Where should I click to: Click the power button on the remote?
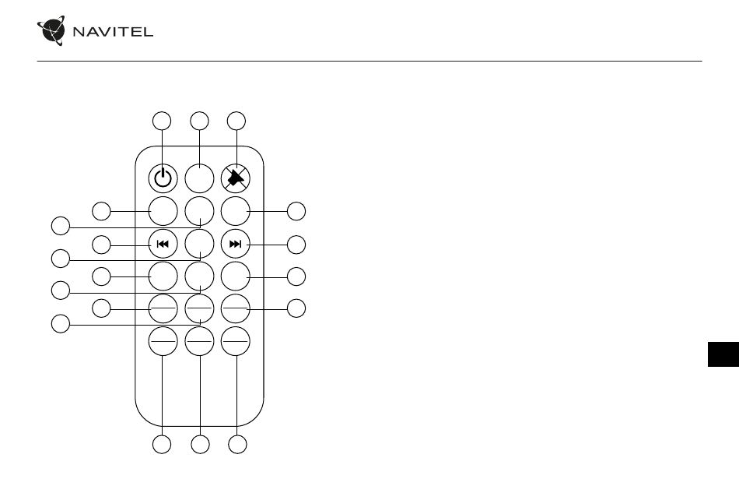tap(163, 179)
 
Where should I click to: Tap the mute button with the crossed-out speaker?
tap(236, 179)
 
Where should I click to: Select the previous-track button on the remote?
tap(163, 244)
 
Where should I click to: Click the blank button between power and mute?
tap(199, 179)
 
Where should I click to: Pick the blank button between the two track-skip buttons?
tap(199, 244)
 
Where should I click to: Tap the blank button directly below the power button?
tap(163, 211)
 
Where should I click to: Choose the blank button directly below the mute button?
tap(236, 211)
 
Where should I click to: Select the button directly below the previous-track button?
tap(163, 276)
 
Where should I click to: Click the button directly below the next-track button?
tap(236, 276)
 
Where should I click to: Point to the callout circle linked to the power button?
tap(162, 121)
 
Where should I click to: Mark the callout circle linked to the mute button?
tap(236, 121)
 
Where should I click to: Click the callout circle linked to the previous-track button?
tap(101, 245)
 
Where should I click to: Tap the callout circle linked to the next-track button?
tap(296, 245)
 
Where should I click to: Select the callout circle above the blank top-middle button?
tap(199, 121)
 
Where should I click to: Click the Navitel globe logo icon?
tap(51, 30)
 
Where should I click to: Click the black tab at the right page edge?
tap(723, 354)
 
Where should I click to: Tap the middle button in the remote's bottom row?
tap(199, 341)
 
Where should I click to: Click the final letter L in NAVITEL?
tap(148, 32)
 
